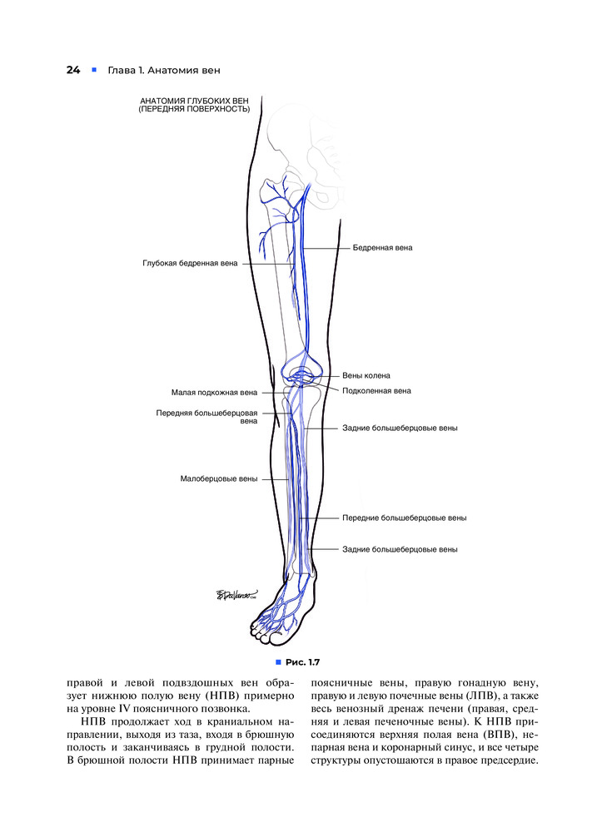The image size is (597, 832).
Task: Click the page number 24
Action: tap(73, 70)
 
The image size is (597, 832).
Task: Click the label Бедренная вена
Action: tap(382, 248)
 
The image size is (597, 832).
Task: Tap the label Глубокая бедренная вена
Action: tap(190, 263)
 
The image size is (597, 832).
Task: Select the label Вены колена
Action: tap(366, 376)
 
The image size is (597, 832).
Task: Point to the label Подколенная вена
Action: tap(376, 391)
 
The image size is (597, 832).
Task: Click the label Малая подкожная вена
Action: tap(214, 393)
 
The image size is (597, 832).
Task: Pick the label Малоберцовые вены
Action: tap(219, 478)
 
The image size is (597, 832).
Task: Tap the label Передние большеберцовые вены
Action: tap(404, 518)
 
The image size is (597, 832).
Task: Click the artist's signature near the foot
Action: tap(236, 594)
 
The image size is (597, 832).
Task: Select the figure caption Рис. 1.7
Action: tap(303, 662)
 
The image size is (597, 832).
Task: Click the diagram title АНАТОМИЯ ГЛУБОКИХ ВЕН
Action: tap(194, 101)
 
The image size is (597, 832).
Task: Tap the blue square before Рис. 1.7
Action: tap(278, 662)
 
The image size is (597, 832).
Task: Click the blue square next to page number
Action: tap(94, 70)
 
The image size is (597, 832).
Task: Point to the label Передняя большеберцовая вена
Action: tap(206, 417)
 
